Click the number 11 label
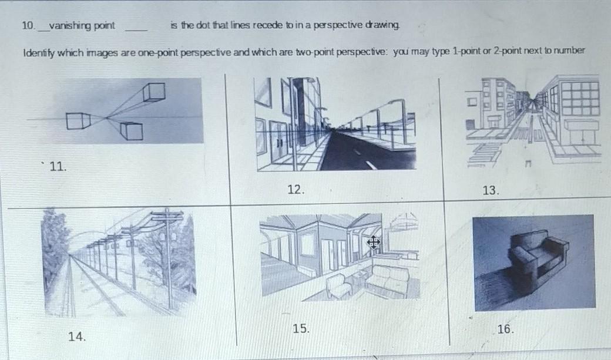pos(58,167)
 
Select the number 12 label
pos(296,190)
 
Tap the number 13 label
pos(491,190)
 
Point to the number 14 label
pos(77,337)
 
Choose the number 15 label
pos(301,329)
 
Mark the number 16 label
pos(506,329)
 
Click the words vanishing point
pos(82,26)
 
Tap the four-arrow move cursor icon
pos(373,243)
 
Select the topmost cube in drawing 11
pos(153,92)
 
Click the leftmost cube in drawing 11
pos(78,121)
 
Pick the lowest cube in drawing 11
pos(132,131)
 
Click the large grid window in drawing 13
pos(579,99)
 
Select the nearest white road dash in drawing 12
pos(371,165)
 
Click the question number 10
pos(28,26)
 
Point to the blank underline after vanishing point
pos(136,30)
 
